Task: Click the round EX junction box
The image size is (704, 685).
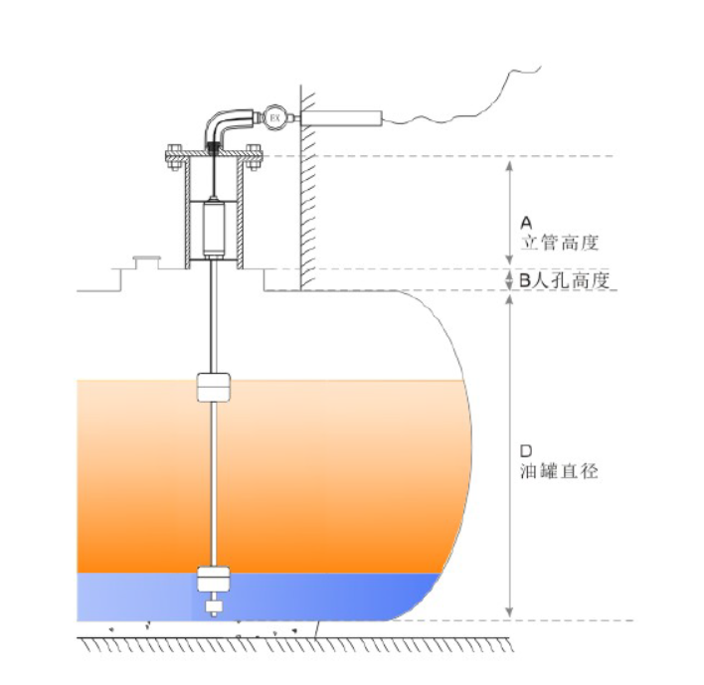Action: (x=275, y=119)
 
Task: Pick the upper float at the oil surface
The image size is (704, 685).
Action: (x=214, y=386)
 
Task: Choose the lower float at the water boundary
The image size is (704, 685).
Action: (x=214, y=579)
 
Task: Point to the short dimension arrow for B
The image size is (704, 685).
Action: (x=510, y=279)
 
